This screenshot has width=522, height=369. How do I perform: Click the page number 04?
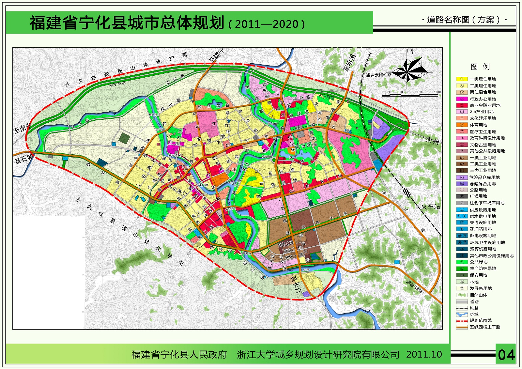pos(506,355)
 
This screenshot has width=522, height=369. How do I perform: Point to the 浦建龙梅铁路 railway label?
pos(378,75)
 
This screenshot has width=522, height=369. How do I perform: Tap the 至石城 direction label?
pos(23,159)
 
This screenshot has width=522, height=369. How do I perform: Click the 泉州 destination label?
pos(433,141)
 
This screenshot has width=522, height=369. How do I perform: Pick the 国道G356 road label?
pos(415,287)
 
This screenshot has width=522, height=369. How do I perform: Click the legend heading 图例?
pos(480,67)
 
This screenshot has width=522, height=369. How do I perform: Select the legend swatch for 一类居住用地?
pos(462,79)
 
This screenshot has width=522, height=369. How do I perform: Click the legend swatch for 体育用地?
pos(462,125)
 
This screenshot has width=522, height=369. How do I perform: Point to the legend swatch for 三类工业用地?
pos(462,171)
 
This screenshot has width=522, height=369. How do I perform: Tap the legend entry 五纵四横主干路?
pos(485,327)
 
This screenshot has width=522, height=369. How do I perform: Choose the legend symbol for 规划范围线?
pos(462,321)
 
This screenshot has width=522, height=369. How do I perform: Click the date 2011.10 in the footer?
pos(424,355)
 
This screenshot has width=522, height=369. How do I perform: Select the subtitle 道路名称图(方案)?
pos(463,20)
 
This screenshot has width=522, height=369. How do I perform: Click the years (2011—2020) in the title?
pos(267,24)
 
